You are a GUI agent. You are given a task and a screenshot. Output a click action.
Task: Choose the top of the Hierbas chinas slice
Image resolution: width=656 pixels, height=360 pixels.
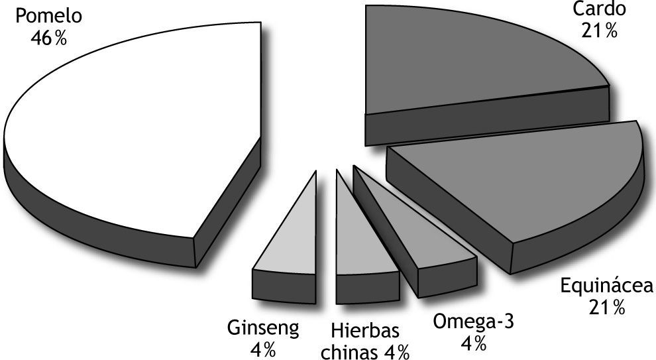coord(358,239)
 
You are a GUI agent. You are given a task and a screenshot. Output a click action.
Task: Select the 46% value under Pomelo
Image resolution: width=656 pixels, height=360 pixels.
coord(48,38)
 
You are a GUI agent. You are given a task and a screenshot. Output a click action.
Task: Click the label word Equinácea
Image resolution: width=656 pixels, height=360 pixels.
coord(606,286)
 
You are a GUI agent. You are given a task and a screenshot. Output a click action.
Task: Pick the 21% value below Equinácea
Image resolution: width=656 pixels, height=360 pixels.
coord(606,308)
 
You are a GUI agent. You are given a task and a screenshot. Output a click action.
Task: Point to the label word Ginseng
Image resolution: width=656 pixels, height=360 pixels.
coord(264,328)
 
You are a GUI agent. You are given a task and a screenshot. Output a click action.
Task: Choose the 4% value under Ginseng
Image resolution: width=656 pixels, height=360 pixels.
coord(263,349)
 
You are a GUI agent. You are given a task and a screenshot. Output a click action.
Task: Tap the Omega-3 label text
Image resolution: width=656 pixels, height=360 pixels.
coord(473,322)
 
